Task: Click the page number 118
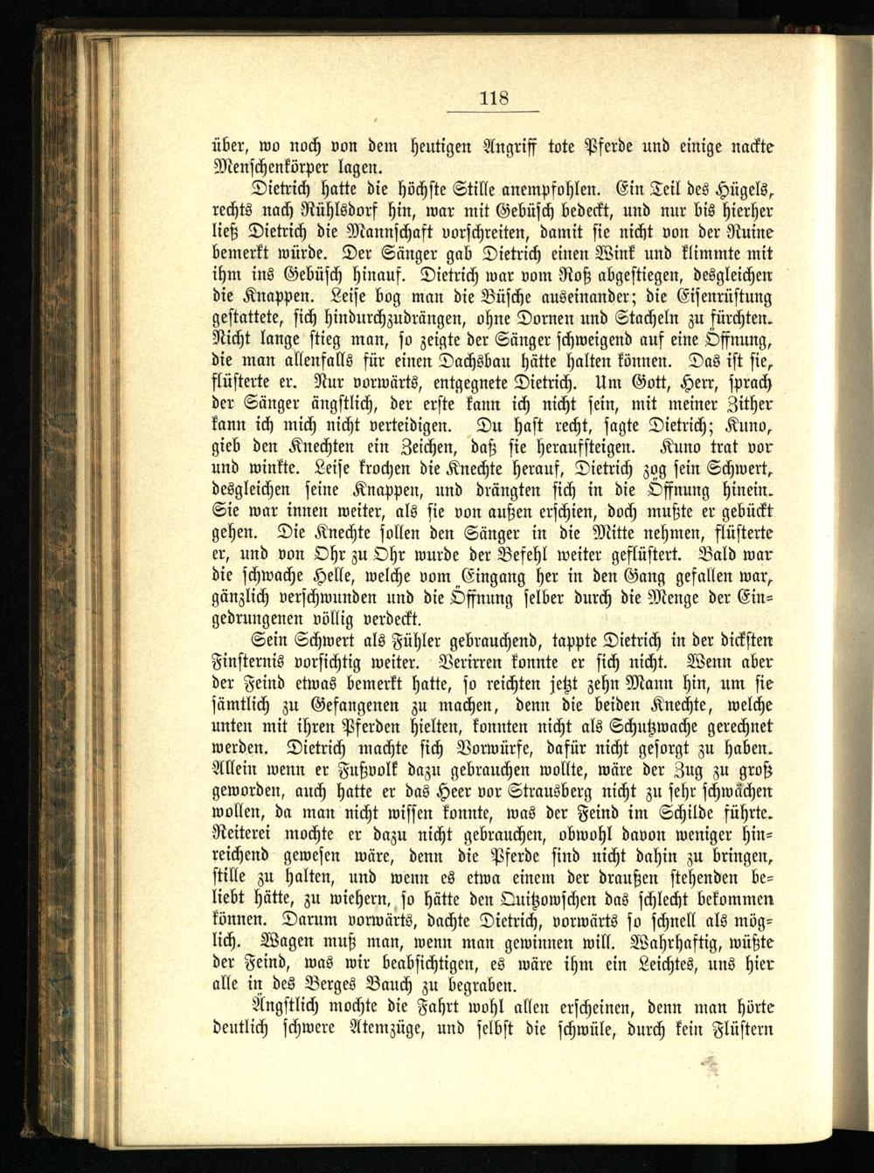tap(494, 98)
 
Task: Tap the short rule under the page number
tap(494, 112)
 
